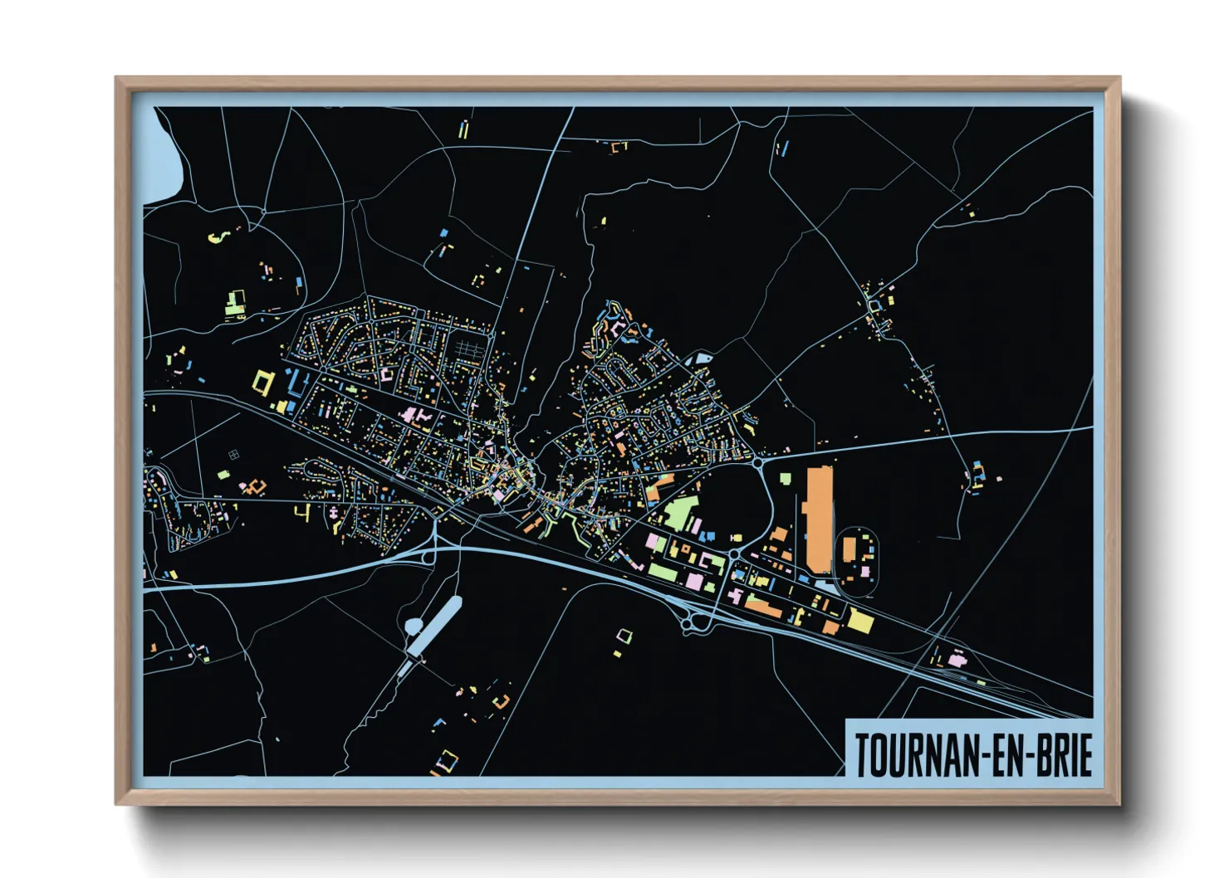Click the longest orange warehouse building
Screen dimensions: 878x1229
(x=819, y=519)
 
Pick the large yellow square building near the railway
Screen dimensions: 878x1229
(x=859, y=621)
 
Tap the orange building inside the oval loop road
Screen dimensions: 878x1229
(x=850, y=549)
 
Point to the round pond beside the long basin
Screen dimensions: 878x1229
(x=413, y=627)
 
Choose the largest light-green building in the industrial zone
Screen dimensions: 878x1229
(x=679, y=514)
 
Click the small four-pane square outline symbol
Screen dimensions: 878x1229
(x=233, y=454)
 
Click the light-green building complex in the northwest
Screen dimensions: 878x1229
(x=236, y=304)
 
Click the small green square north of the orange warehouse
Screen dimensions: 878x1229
(x=785, y=478)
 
